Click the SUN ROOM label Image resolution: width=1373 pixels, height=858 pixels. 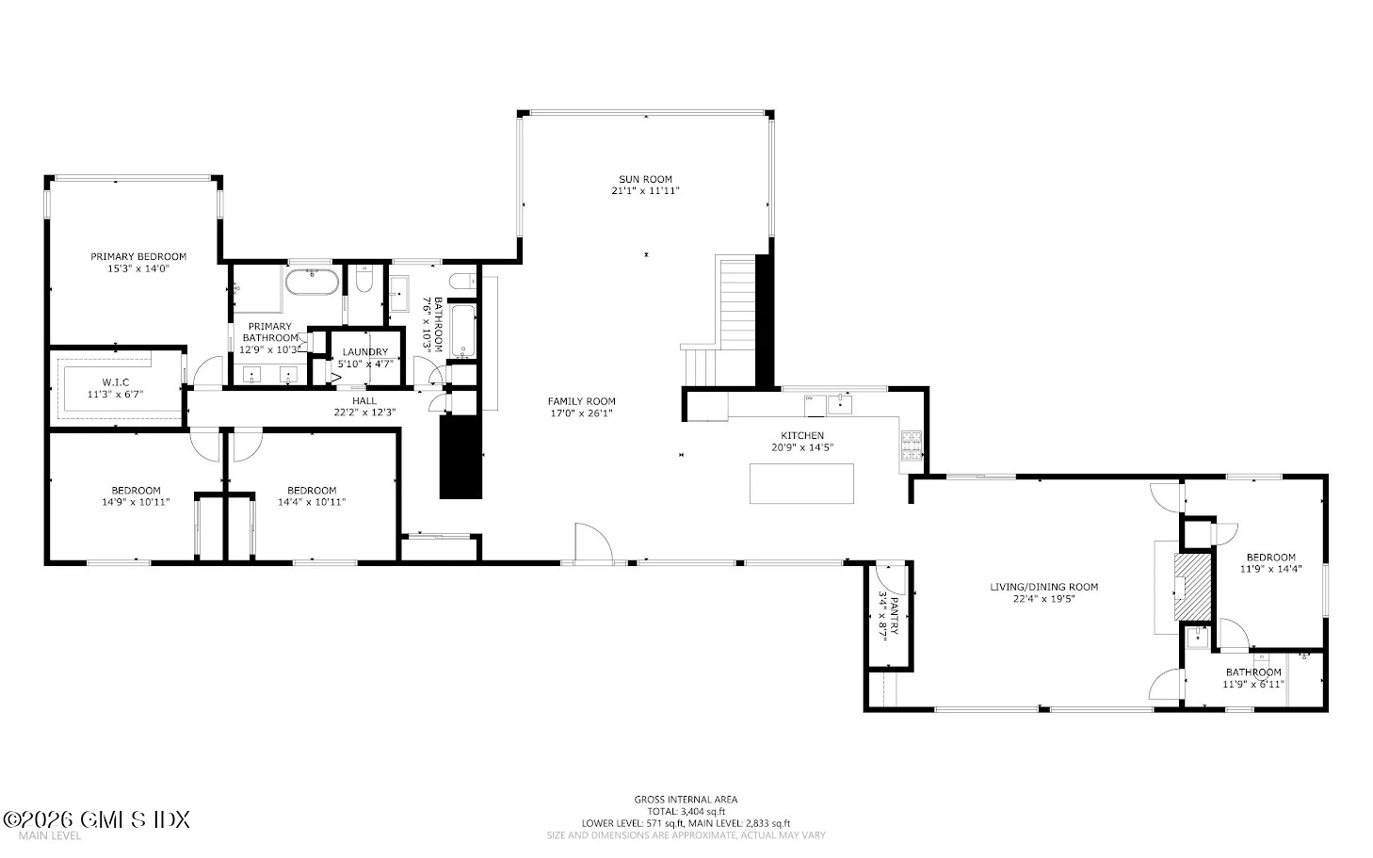click(x=645, y=180)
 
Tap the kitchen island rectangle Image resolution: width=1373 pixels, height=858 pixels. click(x=801, y=483)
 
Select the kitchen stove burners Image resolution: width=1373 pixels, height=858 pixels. click(x=911, y=445)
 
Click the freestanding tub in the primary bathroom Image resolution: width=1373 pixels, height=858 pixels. click(x=312, y=282)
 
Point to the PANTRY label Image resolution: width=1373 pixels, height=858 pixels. click(x=895, y=615)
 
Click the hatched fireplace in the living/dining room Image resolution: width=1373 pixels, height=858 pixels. click(x=1193, y=587)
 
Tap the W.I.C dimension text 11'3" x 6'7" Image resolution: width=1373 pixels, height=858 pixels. click(x=115, y=394)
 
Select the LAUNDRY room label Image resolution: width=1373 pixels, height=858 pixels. click(x=365, y=352)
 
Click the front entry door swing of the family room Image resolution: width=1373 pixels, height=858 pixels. click(x=593, y=542)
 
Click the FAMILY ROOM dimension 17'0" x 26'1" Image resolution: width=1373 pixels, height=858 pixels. click(x=582, y=413)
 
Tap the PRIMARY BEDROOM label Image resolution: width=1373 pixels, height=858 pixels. click(x=138, y=257)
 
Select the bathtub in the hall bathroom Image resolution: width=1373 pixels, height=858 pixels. click(x=464, y=331)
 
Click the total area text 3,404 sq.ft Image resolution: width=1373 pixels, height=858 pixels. click(x=703, y=812)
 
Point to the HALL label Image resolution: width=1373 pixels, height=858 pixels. click(x=364, y=401)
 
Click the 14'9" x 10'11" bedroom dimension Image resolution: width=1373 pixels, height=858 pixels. click(x=136, y=502)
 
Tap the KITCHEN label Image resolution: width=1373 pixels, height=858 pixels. click(x=802, y=436)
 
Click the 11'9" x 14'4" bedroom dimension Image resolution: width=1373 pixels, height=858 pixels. click(x=1270, y=569)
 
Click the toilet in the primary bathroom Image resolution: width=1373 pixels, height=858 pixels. click(x=364, y=279)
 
